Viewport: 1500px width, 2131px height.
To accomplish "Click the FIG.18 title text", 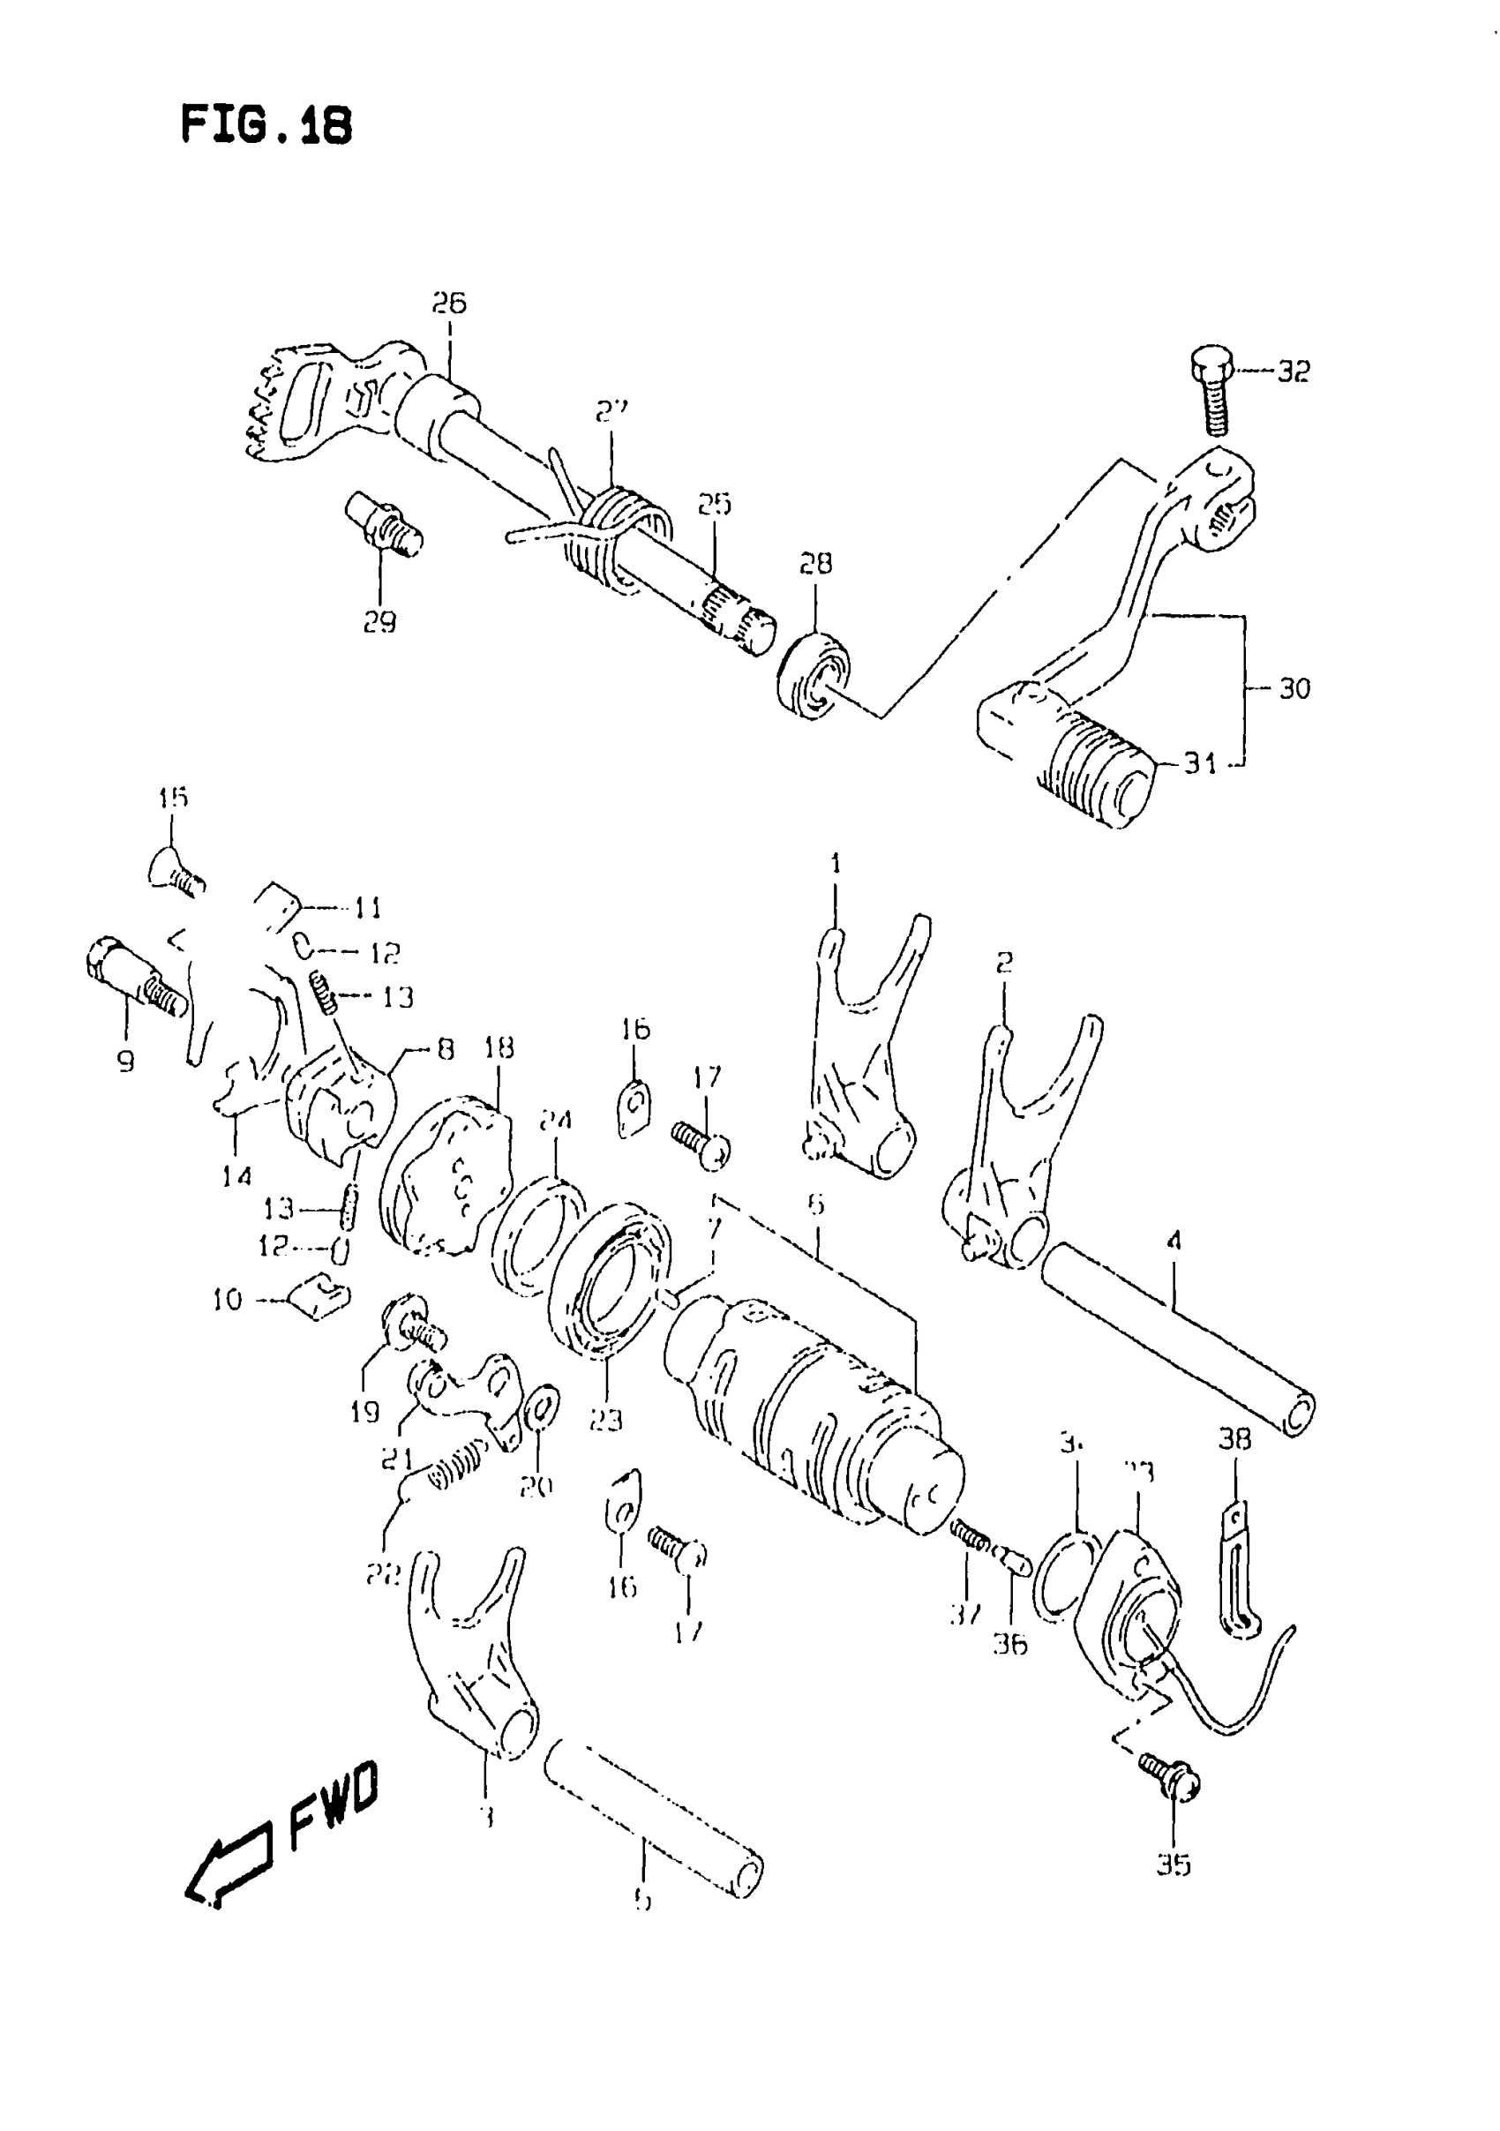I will pyautogui.click(x=266, y=125).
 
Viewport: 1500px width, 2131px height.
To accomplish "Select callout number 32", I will pyautogui.click(x=1293, y=372).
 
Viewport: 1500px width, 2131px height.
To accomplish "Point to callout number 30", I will pyautogui.click(x=1294, y=688).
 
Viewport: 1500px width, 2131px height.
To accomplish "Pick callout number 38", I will pyautogui.click(x=1234, y=1466).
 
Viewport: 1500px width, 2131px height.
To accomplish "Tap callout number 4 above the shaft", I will pyautogui.click(x=1174, y=1241).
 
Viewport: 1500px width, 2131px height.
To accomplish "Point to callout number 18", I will pyautogui.click(x=499, y=1048).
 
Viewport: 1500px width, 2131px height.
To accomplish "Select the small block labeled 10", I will pyautogui.click(x=318, y=1295).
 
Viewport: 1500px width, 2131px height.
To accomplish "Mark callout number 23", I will pyautogui.click(x=605, y=1445).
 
